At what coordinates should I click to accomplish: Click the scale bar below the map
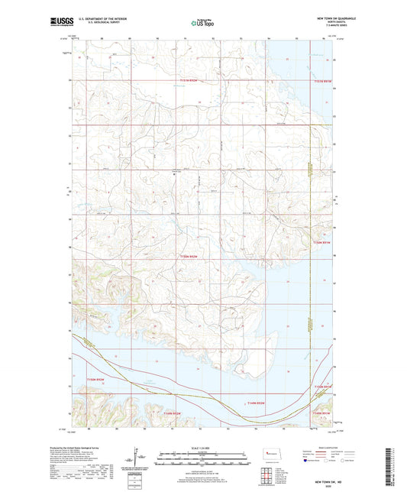click(x=203, y=459)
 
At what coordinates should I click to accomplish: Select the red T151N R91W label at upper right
click(x=325, y=80)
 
